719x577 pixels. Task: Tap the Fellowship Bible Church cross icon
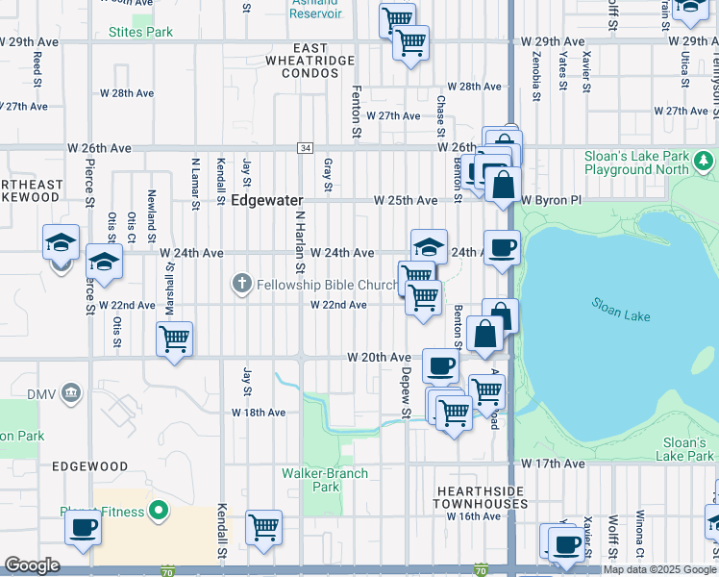pyautogui.click(x=241, y=284)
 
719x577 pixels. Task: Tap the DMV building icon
pyautogui.click(x=70, y=393)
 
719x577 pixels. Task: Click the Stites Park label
pyautogui.click(x=140, y=32)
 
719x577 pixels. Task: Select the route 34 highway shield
pyautogui.click(x=305, y=148)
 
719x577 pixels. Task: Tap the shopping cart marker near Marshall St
pyautogui.click(x=175, y=338)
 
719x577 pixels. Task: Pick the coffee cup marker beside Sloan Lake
pyautogui.click(x=502, y=248)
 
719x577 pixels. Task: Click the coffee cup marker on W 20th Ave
pyautogui.click(x=440, y=364)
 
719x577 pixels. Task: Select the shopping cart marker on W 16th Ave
pyautogui.click(x=263, y=526)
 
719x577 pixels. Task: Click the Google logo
pyautogui.click(x=32, y=564)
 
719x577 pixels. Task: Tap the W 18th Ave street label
pyautogui.click(x=259, y=413)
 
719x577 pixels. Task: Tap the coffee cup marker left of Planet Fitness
pyautogui.click(x=83, y=527)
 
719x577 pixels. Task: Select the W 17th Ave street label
pyautogui.click(x=553, y=464)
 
